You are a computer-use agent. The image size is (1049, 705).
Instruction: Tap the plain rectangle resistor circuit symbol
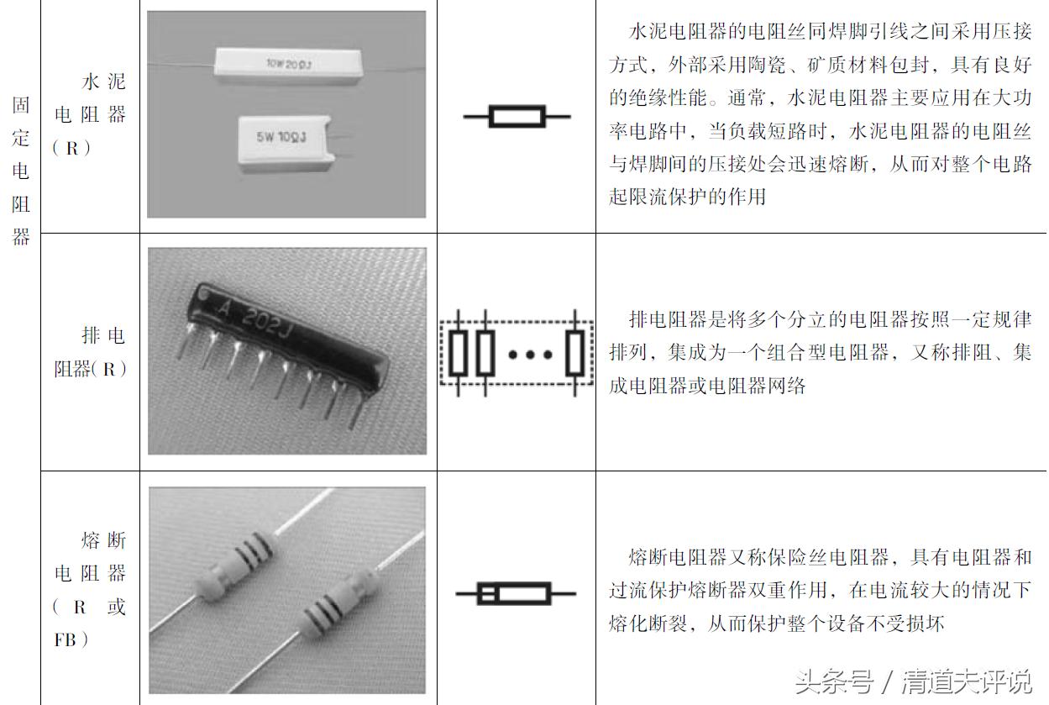(517, 116)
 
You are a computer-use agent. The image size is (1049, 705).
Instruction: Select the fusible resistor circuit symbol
(515, 594)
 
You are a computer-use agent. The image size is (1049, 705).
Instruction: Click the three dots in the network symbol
(531, 354)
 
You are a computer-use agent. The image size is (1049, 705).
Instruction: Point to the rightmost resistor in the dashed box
(574, 353)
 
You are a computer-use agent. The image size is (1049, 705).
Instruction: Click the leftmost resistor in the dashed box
(457, 353)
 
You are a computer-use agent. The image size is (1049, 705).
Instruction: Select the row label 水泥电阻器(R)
(90, 114)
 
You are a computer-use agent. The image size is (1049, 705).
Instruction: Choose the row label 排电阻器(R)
(90, 352)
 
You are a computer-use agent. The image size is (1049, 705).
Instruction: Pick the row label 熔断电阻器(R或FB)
(90, 589)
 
